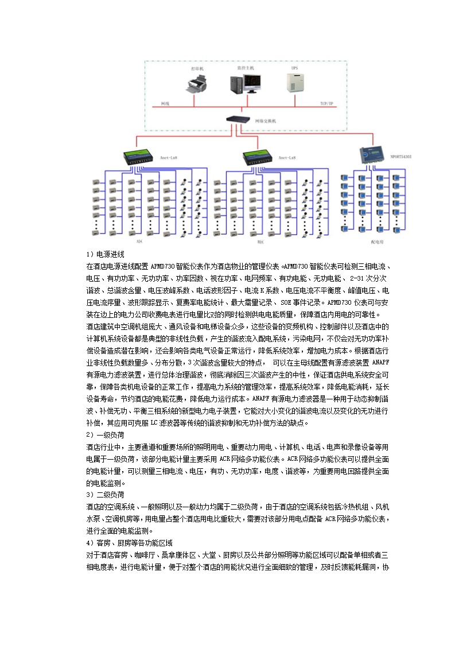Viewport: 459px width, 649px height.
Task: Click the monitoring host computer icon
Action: (244, 84)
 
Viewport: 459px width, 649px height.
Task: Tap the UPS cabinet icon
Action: (295, 83)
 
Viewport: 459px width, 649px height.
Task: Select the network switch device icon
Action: (236, 119)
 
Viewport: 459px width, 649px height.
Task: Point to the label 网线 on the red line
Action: (165, 103)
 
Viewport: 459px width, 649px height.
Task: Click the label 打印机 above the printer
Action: (197, 68)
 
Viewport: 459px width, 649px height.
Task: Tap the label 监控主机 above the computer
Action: (244, 68)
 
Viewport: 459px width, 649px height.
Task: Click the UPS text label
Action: (294, 68)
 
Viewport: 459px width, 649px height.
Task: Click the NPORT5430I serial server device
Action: (369, 156)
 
